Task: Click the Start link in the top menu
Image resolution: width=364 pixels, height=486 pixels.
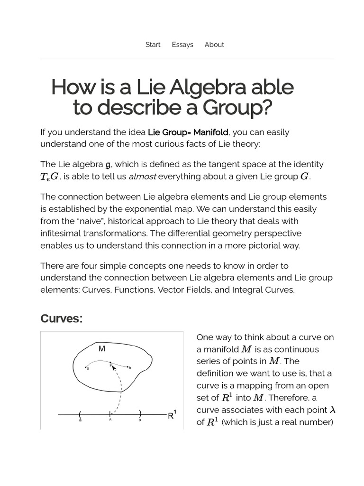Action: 153,45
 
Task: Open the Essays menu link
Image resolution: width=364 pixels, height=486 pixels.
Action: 182,45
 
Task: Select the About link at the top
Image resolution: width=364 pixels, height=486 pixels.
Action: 214,45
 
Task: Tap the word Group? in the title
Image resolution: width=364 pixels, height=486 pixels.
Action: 237,108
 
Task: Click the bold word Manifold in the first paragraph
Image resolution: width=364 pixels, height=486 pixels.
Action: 210,132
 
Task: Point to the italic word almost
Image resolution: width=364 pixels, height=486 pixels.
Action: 142,177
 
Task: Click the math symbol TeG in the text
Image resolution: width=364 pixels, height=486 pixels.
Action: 49,177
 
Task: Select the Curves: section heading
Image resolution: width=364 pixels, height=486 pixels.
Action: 62,318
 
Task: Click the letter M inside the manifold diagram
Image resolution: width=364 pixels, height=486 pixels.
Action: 102,349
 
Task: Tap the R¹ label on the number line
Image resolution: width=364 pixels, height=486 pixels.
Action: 172,415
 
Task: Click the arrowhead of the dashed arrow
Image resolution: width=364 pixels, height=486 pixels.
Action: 114,367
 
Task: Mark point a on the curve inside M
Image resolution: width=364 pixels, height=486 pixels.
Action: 86,367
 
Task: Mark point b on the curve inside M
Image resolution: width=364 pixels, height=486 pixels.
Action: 128,367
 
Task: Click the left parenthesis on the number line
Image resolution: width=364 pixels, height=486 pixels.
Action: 80,414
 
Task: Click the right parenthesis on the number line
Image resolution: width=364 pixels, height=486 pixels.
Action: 140,414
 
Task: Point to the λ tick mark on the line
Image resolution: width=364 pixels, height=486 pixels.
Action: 110,415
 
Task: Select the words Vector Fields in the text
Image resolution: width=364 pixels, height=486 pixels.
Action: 186,290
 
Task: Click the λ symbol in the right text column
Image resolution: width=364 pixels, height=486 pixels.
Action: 332,410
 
